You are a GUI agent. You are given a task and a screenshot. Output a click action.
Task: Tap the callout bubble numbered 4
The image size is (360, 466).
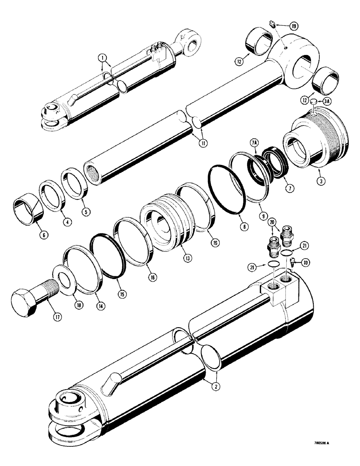(68, 223)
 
